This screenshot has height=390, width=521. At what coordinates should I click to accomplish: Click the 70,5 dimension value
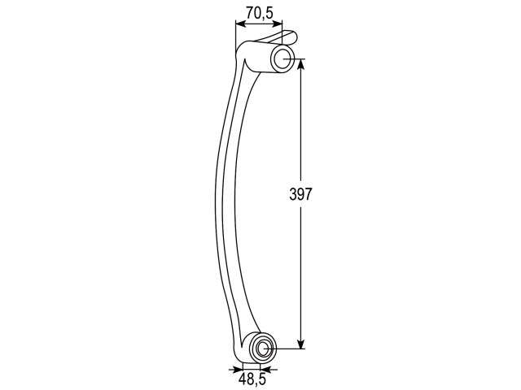[260, 13]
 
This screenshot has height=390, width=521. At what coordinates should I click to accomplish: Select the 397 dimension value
[300, 194]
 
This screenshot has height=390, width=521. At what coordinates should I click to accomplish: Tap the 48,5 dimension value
[252, 379]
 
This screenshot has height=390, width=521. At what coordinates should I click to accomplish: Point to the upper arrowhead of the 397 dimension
[300, 65]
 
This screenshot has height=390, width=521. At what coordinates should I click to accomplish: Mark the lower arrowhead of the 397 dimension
[300, 343]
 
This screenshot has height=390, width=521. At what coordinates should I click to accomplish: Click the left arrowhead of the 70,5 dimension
[241, 24]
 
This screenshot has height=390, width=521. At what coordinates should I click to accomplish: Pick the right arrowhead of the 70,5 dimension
[277, 24]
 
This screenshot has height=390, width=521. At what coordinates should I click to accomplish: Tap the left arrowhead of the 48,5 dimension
[238, 369]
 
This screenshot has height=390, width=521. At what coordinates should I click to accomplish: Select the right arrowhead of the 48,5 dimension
[266, 369]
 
